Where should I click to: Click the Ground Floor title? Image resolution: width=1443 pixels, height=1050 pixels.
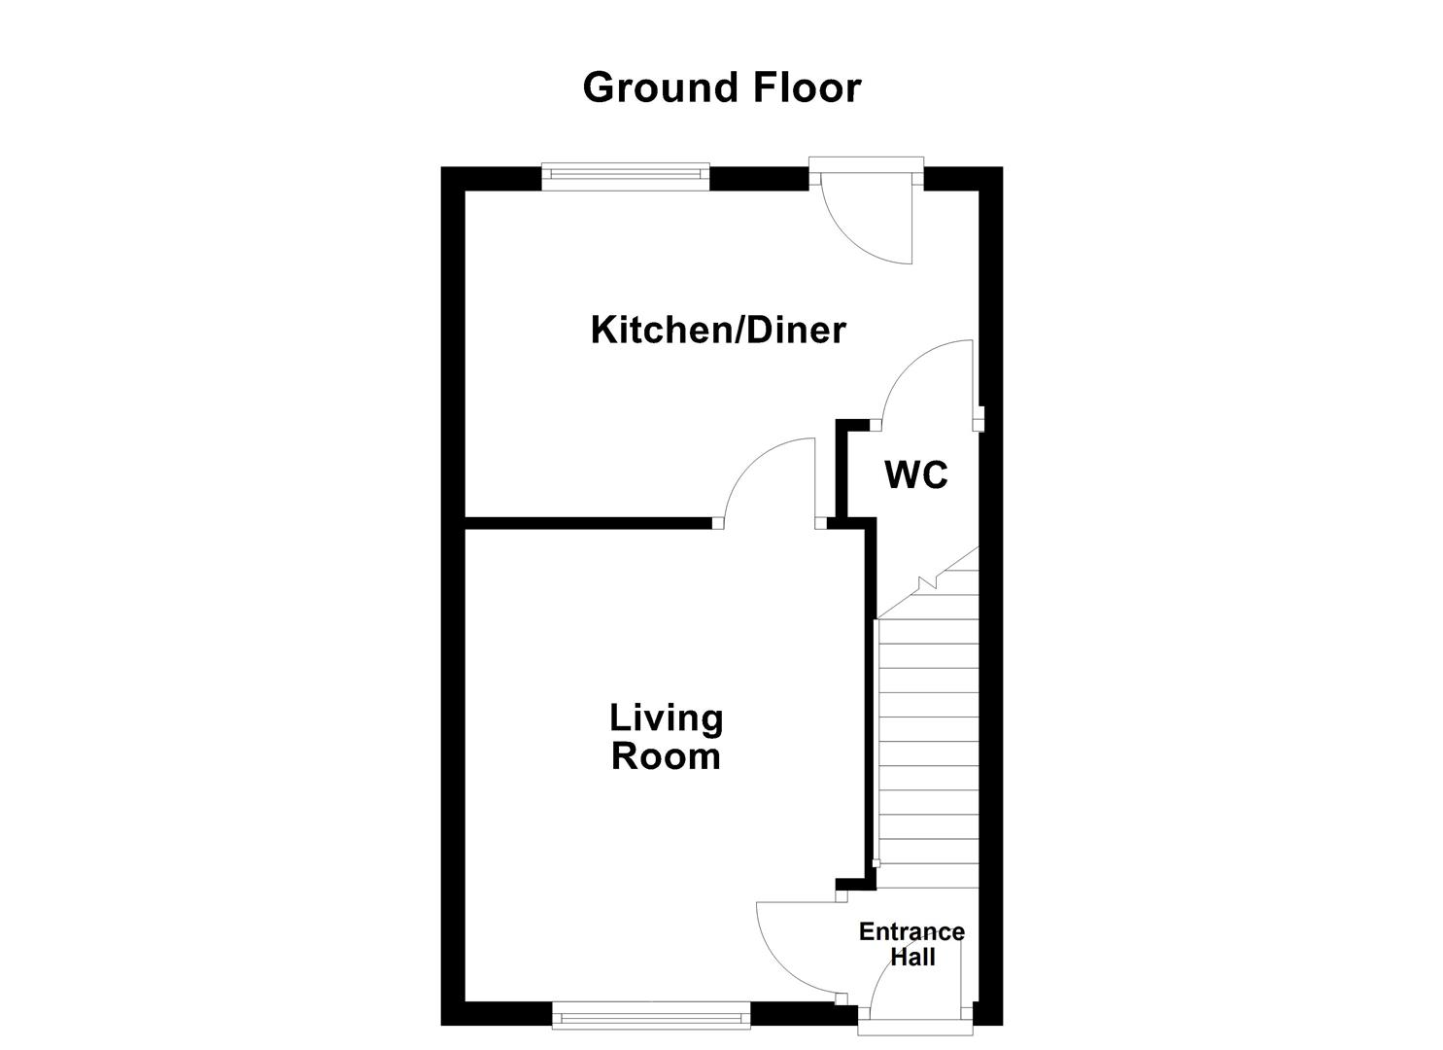(721, 87)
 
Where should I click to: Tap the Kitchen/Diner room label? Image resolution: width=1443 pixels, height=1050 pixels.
(718, 331)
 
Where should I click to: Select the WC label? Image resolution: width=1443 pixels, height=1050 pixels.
(915, 475)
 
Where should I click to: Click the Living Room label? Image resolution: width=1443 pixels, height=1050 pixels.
(667, 737)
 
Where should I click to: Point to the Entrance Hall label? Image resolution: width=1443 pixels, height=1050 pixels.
(911, 944)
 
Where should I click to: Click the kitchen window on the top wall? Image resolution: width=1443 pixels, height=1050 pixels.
(625, 174)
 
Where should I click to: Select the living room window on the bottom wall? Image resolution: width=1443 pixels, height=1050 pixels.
(651, 1018)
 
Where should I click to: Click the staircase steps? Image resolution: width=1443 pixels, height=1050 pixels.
(928, 739)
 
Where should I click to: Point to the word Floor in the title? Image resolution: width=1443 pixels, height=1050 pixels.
(806, 87)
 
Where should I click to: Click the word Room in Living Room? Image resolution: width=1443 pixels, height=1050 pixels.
(667, 756)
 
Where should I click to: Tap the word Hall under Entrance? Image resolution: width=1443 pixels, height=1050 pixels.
(913, 957)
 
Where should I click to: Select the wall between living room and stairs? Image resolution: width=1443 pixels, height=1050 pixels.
(868, 700)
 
